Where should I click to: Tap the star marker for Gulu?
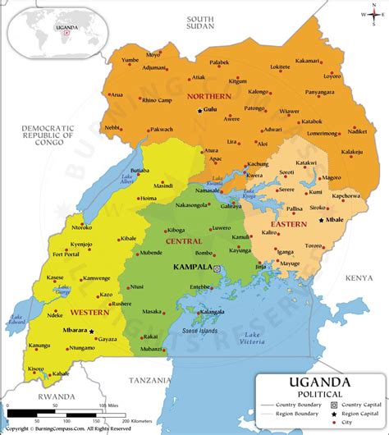tap(199, 110)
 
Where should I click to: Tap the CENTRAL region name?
tap(184, 242)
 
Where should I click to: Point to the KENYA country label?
tap(358, 278)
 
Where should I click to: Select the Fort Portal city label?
tap(66, 254)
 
